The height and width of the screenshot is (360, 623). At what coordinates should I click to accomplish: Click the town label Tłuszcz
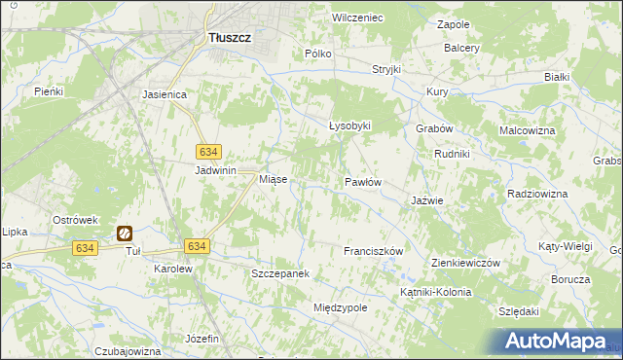pyautogui.click(x=230, y=37)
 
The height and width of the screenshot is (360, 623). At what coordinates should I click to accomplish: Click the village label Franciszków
pyautogui.click(x=373, y=251)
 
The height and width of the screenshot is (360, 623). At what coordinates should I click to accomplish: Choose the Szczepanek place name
pyautogui.click(x=280, y=274)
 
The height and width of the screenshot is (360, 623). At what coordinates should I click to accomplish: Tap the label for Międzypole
pyautogui.click(x=340, y=307)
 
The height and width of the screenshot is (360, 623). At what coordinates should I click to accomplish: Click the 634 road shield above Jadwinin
pyautogui.click(x=208, y=152)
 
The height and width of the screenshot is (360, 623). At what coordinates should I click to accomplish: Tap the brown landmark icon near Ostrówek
pyautogui.click(x=126, y=233)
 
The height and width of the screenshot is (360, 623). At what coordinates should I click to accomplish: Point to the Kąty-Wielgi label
pyautogui.click(x=565, y=247)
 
